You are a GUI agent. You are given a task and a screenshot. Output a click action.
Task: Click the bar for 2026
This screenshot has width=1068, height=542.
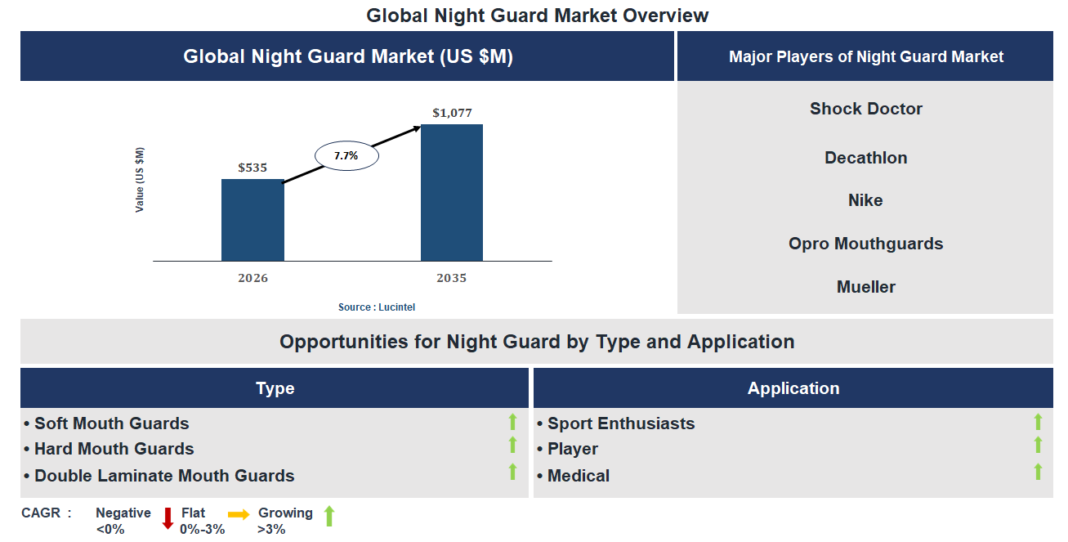252,220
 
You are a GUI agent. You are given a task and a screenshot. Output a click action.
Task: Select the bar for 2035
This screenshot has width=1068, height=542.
451,193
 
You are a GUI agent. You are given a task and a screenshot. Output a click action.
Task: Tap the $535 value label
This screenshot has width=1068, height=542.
252,168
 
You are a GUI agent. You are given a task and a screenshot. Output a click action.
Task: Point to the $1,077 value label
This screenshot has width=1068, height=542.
452,113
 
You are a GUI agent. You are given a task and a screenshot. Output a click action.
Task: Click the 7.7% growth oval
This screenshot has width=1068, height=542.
346,155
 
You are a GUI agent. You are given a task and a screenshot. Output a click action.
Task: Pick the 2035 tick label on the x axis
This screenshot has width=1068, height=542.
451,279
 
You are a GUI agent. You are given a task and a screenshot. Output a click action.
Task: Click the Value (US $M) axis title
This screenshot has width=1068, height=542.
140,180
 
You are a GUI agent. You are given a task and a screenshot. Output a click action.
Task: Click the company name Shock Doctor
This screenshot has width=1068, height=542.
865,109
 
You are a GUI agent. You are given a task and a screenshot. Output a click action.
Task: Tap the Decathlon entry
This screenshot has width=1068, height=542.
865,158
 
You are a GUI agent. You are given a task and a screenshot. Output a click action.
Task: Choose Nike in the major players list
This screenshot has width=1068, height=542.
865,200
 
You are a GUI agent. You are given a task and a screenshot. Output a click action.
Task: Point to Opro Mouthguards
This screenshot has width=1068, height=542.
865,244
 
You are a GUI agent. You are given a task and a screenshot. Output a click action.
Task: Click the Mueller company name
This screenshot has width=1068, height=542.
865,287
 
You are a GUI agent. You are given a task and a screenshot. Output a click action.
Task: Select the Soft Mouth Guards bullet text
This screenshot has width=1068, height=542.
111,423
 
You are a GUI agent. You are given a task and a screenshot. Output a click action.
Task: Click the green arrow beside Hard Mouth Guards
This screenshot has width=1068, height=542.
512,446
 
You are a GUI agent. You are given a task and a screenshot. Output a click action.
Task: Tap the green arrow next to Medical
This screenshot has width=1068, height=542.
1038,472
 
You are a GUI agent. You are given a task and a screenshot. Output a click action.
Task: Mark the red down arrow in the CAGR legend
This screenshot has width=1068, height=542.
168,518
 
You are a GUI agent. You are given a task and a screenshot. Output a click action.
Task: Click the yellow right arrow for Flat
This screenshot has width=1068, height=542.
239,515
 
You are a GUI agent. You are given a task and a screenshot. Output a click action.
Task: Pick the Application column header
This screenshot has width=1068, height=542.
793,388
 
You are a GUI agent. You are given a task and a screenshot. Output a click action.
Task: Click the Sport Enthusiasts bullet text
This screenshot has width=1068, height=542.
620,423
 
